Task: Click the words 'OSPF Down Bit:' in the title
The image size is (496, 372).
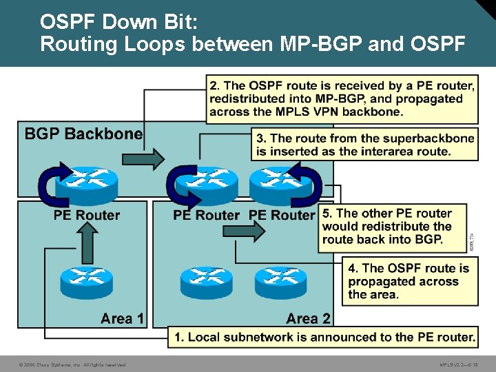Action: click(x=118, y=22)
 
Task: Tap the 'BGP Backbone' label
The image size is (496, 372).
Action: click(x=83, y=134)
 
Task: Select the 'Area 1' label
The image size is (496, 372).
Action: click(x=122, y=318)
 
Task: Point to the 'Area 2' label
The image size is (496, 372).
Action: click(x=308, y=318)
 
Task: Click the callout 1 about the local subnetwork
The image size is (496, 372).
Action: click(x=324, y=337)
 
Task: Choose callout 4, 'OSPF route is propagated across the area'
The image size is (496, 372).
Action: click(x=410, y=281)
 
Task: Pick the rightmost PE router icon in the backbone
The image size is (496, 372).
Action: click(x=276, y=181)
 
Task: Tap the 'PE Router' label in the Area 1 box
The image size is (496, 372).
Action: click(x=87, y=216)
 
